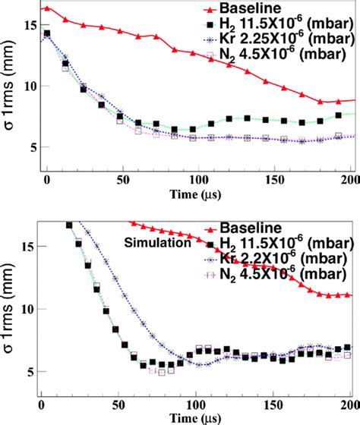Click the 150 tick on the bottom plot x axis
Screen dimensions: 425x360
(273, 405)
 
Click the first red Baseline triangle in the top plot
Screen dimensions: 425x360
(47, 8)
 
